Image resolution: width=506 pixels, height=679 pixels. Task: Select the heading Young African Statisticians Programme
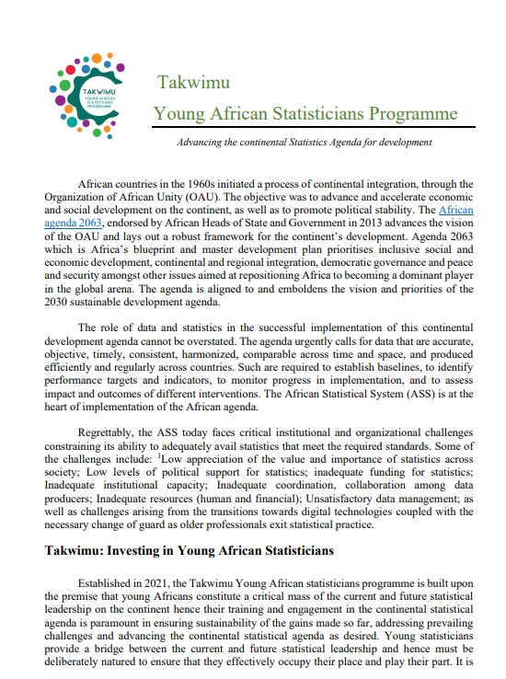click(305, 114)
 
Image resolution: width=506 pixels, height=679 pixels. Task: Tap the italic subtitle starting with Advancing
click(305, 143)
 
